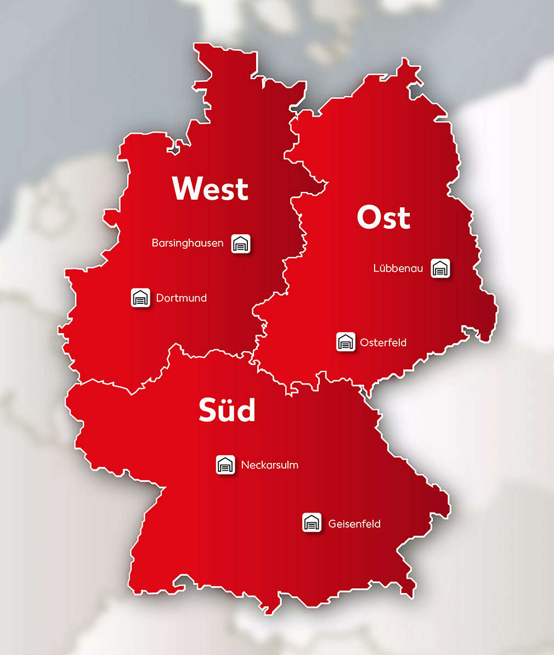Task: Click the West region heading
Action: pos(210,188)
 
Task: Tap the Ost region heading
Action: pos(383,217)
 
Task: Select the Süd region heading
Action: pos(227,410)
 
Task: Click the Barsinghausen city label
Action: pos(188,242)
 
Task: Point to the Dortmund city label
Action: pos(182,298)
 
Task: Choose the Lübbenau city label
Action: pos(398,268)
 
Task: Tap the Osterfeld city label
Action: pos(383,342)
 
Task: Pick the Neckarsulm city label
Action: pos(270,465)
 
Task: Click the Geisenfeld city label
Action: pos(354,523)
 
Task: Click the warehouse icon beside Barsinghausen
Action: pos(241,243)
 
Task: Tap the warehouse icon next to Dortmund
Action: pos(141,298)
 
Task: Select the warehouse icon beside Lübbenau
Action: pos(440,268)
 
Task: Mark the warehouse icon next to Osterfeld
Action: pos(346,342)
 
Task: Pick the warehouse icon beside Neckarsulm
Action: pos(225,465)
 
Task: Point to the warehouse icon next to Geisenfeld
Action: pos(312,523)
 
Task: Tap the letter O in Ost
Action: pos(369,217)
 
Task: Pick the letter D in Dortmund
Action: pos(160,298)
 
